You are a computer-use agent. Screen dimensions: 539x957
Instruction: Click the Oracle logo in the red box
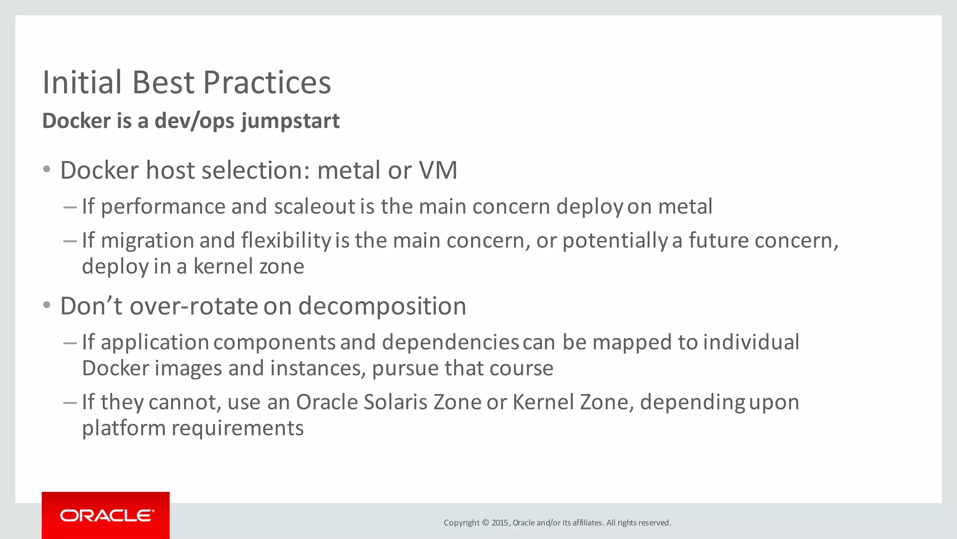tap(107, 516)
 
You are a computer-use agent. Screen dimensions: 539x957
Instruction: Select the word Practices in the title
tap(267, 83)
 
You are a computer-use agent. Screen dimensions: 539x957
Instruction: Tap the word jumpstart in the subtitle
tap(290, 121)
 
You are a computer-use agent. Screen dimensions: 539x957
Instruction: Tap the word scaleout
tap(315, 207)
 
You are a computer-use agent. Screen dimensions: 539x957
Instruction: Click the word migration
tap(147, 241)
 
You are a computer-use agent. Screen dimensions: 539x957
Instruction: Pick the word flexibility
tap(286, 240)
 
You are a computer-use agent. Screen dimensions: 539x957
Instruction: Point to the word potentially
tap(615, 241)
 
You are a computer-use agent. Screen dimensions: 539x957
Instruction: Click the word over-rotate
tap(193, 306)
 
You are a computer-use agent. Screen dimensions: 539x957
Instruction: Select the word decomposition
tap(382, 306)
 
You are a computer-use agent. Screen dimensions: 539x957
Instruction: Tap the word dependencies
tap(450, 342)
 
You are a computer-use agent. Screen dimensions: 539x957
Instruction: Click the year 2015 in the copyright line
tap(500, 523)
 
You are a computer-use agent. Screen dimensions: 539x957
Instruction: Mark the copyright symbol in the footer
tap(485, 523)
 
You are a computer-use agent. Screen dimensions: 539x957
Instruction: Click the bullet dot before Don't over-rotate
tap(46, 306)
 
